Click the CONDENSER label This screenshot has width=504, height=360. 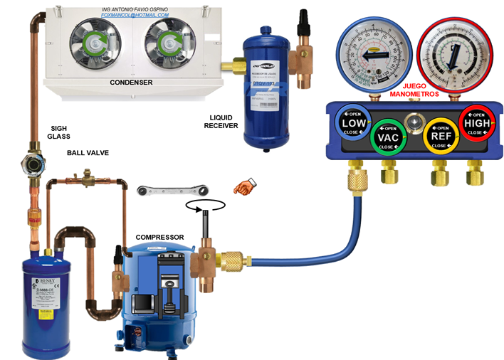131,83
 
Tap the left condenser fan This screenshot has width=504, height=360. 95,39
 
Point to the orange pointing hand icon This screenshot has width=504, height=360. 245,188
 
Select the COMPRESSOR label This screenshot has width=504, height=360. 160,237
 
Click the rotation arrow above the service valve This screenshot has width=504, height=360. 205,205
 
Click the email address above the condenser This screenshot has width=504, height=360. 135,14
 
